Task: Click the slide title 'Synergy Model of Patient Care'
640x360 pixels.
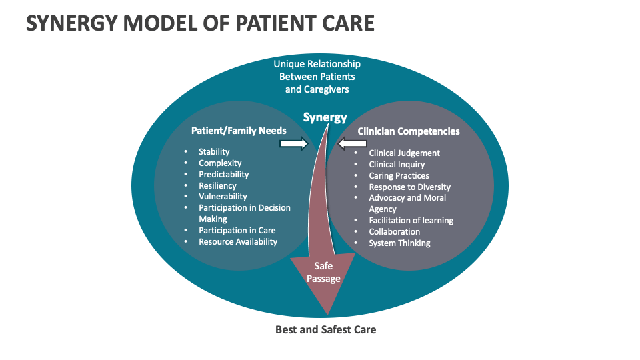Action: click(x=200, y=23)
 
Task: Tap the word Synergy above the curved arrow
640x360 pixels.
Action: click(x=325, y=117)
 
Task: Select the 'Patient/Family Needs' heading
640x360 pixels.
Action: click(x=239, y=131)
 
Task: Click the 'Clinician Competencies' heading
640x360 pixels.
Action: click(x=409, y=131)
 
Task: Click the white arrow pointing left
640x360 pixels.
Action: click(x=353, y=143)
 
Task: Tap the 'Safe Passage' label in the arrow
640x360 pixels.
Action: click(x=323, y=272)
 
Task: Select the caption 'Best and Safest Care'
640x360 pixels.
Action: click(x=325, y=329)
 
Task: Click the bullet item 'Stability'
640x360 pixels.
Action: click(x=214, y=152)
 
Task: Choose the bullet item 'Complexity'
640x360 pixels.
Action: click(x=220, y=163)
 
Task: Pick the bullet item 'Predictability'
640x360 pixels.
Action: click(x=224, y=175)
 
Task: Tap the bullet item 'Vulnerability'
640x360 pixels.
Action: click(x=223, y=197)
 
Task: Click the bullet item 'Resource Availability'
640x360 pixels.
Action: click(x=238, y=242)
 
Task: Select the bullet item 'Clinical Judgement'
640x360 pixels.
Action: click(x=405, y=153)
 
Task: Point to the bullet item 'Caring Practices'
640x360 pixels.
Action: click(x=399, y=176)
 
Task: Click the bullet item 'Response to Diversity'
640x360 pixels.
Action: click(x=410, y=187)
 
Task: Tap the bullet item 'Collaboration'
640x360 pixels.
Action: click(x=395, y=232)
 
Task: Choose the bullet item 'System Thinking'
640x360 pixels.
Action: click(x=400, y=243)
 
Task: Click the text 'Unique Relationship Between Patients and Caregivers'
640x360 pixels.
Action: click(x=317, y=77)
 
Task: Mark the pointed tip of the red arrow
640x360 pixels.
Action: click(x=326, y=313)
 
